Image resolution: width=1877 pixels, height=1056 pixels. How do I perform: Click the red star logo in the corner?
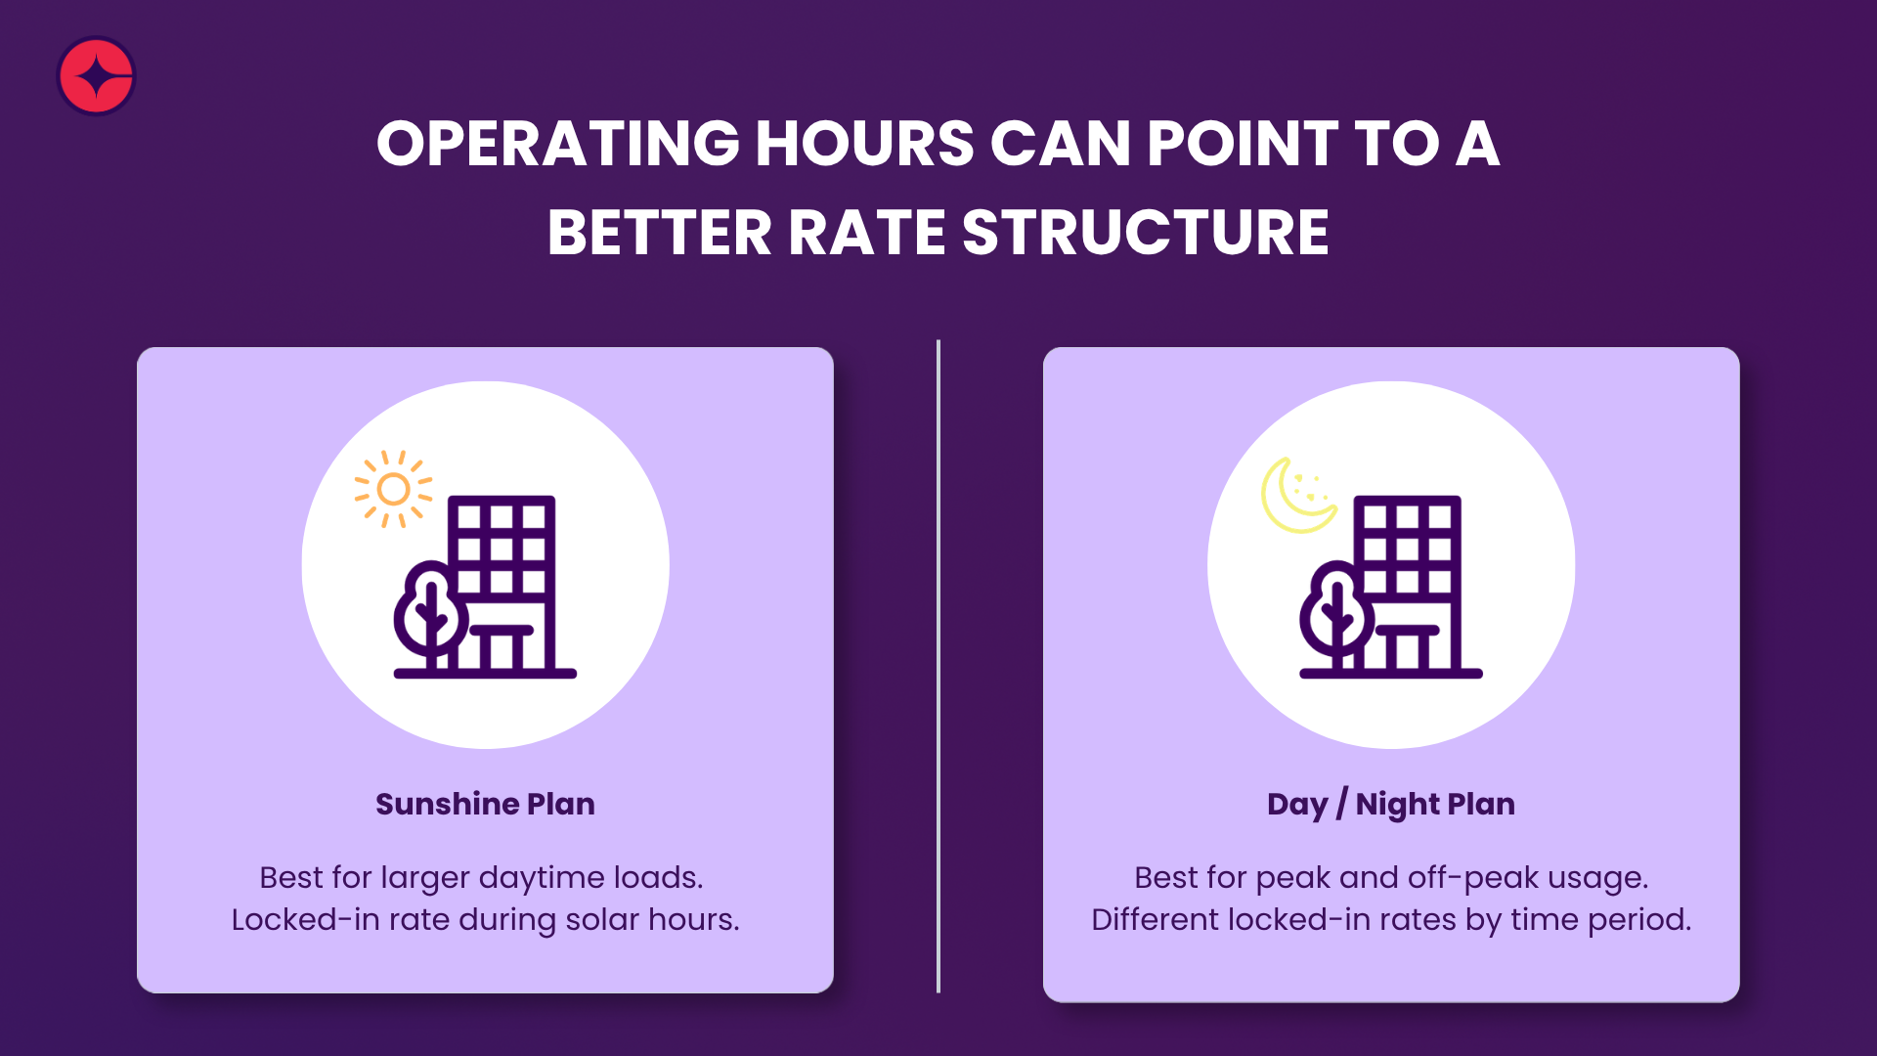pos(96,76)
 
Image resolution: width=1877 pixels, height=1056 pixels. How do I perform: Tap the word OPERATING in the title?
pos(558,144)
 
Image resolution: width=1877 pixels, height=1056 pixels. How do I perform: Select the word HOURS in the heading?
pos(865,144)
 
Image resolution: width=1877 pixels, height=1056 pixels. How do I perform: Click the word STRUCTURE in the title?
pos(1146,233)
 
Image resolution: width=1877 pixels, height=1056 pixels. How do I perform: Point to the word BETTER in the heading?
pos(660,233)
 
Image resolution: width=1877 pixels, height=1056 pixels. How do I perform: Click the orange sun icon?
pos(393,489)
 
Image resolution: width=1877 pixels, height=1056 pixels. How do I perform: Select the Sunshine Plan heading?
pos(485,804)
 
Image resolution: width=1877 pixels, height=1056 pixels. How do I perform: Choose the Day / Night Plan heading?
pos(1391,805)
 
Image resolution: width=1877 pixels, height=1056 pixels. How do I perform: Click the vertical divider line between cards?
pos(938,667)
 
